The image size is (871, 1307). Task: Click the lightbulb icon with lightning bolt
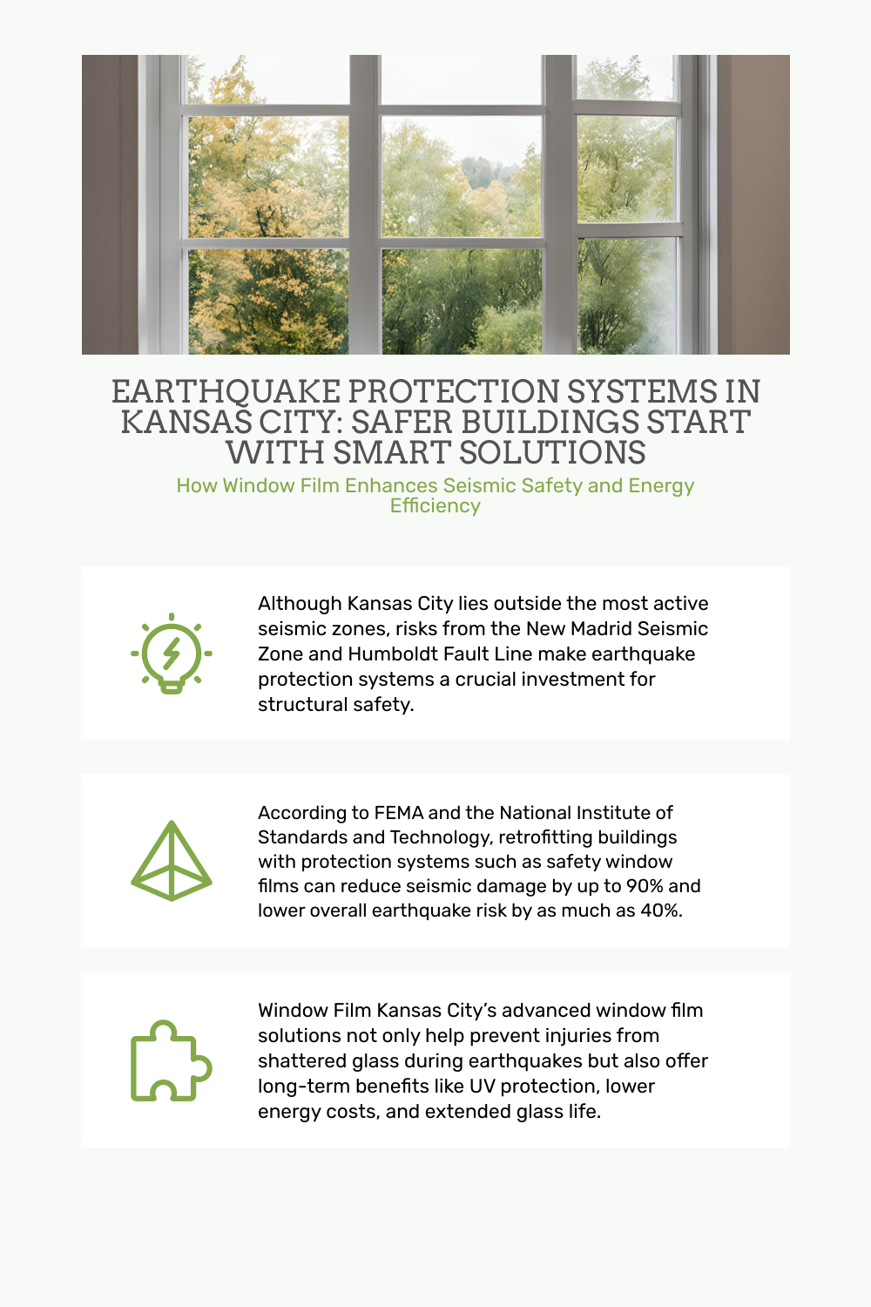pos(172,653)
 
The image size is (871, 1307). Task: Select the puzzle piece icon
pos(171,1060)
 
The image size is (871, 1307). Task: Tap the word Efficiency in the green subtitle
pos(435,506)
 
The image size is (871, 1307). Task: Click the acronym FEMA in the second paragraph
pos(398,813)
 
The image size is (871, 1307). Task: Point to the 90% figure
pos(645,886)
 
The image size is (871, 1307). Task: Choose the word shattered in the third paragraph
pos(300,1061)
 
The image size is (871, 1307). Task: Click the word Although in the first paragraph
pos(299,604)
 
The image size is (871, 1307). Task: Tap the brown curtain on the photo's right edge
pos(753,205)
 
